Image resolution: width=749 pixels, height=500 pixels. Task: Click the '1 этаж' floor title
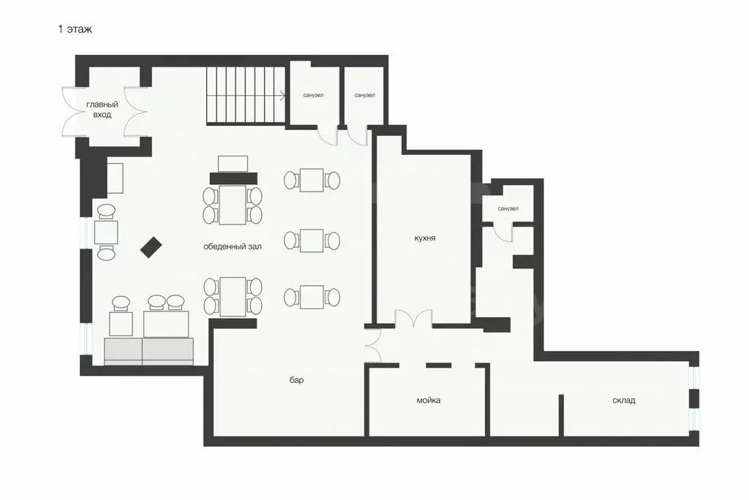pos(75,29)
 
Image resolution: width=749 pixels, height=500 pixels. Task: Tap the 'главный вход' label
pos(102,110)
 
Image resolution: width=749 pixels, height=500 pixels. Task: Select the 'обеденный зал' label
pos(233,247)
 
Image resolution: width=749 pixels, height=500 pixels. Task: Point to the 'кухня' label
pos(425,238)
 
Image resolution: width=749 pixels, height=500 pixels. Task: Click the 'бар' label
pos(297,380)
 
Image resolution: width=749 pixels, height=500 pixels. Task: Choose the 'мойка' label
pos(429,400)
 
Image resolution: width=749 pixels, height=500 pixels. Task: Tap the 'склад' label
pos(624,400)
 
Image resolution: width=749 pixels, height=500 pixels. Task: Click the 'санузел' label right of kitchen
pos(508,208)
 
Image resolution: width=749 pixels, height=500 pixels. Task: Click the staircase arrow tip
pos(285,96)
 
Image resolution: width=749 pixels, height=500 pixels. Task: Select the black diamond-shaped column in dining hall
pos(151,247)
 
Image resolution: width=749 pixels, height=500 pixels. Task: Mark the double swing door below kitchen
pos(414,318)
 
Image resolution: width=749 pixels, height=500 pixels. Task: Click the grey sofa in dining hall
pos(149,352)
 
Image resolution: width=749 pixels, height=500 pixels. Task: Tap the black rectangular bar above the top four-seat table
pos(233,178)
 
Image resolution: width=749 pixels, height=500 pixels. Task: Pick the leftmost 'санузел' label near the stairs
pos(313,95)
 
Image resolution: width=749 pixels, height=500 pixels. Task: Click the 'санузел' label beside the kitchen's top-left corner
pos(364,95)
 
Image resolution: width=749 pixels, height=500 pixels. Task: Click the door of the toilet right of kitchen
pos(503,232)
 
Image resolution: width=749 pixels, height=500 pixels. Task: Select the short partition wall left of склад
pos(561,414)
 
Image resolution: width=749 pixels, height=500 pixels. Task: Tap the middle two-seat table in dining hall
pos(312,240)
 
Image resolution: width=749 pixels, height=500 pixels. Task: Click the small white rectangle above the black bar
pos(233,164)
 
